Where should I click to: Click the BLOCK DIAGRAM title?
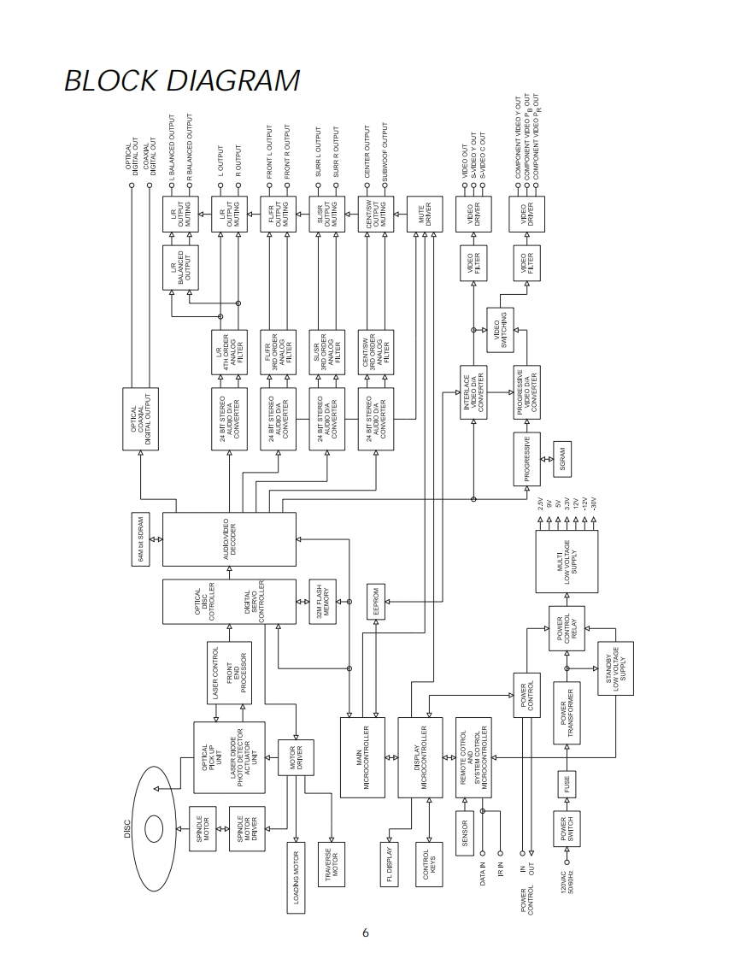(x=181, y=80)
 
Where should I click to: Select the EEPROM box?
(x=376, y=603)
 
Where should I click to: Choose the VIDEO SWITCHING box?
(x=502, y=326)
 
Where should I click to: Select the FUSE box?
(x=567, y=785)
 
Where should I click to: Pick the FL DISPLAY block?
(x=389, y=863)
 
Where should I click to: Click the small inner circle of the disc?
(x=155, y=827)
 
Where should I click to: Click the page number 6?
(x=365, y=933)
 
